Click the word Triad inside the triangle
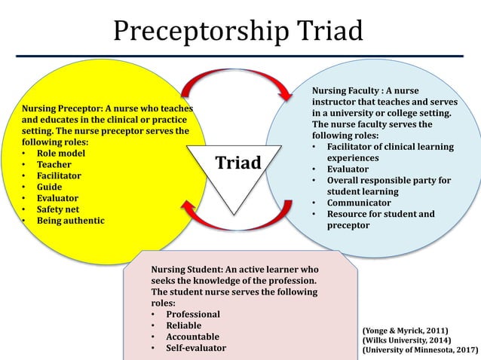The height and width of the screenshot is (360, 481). coord(239,163)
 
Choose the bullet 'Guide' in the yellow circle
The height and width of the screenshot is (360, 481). coord(53,187)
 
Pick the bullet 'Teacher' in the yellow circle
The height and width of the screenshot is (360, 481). coord(57,164)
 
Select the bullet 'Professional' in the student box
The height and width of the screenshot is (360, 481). coord(193,314)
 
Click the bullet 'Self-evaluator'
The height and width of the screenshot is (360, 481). coord(196,348)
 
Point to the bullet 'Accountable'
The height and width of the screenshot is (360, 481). coord(193,337)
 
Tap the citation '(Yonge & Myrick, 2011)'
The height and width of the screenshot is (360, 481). coord(406,330)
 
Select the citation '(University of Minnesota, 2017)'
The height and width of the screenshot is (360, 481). coord(420,350)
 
